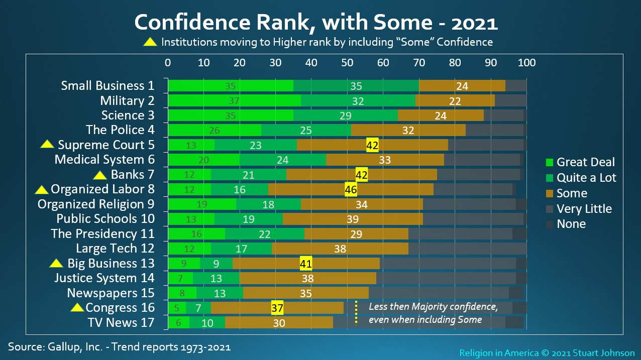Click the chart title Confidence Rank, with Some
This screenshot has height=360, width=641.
(316, 23)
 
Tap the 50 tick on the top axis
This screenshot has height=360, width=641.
(347, 63)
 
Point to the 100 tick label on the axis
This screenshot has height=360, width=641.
(526, 63)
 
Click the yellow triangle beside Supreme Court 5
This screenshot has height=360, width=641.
(47, 145)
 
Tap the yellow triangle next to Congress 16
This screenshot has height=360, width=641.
(77, 307)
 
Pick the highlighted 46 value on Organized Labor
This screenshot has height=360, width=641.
(351, 190)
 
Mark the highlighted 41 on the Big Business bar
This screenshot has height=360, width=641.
(306, 264)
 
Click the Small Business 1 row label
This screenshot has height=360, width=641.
(108, 86)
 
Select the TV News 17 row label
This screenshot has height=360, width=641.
(121, 322)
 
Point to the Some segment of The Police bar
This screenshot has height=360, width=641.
(408, 130)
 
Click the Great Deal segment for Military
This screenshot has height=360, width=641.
(234, 100)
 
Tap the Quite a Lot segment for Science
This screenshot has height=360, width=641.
(345, 115)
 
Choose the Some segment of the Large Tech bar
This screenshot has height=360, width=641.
(340, 249)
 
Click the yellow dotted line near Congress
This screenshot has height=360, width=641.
(356, 312)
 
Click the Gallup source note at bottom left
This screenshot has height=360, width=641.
(119, 346)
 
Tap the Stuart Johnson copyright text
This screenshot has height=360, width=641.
(547, 353)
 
